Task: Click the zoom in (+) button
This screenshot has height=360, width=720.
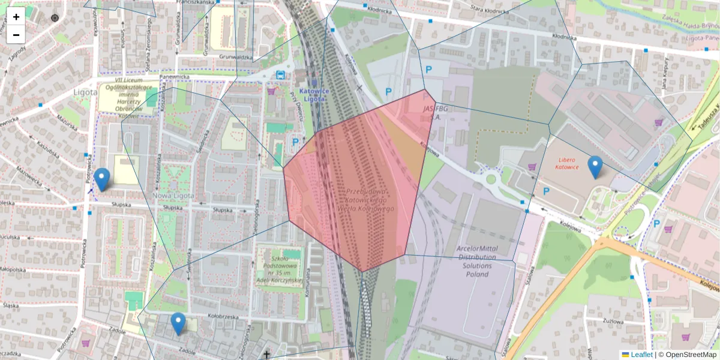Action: pos(16,17)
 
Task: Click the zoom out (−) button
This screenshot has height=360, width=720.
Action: pos(16,35)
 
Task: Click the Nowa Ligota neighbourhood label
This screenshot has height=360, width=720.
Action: pos(173,195)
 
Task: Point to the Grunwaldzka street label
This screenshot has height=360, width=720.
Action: pos(235,57)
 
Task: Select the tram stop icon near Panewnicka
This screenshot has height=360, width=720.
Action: pos(280,74)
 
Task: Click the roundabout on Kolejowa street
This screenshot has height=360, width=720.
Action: pos(491,178)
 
